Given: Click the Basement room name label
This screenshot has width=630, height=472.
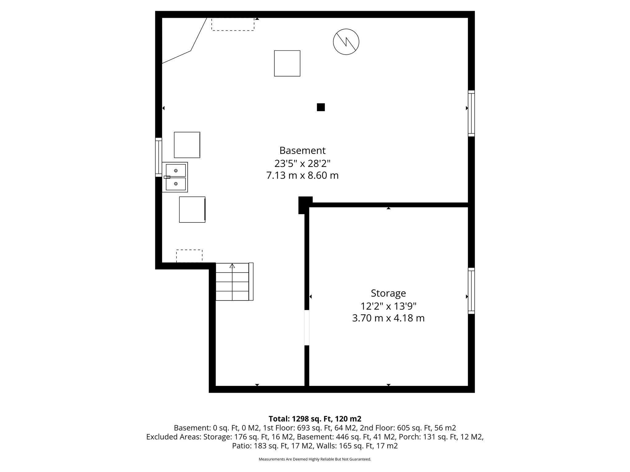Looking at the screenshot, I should pyautogui.click(x=302, y=151).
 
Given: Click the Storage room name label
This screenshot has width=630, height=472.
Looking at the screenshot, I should pyautogui.click(x=388, y=293).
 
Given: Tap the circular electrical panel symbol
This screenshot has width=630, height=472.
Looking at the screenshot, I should pyautogui.click(x=346, y=42).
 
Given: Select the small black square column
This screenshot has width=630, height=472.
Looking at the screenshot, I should pyautogui.click(x=321, y=107).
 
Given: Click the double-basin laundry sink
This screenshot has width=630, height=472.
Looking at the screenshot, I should pyautogui.click(x=175, y=177).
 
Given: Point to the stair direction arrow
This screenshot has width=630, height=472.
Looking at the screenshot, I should pyautogui.click(x=232, y=266).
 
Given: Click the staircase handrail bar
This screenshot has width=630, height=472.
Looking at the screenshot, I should pyautogui.click(x=251, y=281).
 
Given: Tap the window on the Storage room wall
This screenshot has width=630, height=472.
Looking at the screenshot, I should pyautogui.click(x=471, y=291).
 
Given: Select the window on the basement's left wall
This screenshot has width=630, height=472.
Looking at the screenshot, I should pyautogui.click(x=158, y=157).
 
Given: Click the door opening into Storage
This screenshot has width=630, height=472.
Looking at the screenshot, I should pyautogui.click(x=307, y=328).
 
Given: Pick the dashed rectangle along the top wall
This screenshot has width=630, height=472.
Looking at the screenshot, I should pyautogui.click(x=233, y=24).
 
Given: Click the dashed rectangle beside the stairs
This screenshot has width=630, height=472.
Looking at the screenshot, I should pyautogui.click(x=189, y=256).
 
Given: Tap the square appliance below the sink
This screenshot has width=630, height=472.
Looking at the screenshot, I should pyautogui.click(x=192, y=210).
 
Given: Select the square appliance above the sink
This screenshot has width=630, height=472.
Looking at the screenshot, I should pyautogui.click(x=187, y=145).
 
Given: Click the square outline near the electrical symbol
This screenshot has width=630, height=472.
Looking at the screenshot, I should pyautogui.click(x=287, y=63).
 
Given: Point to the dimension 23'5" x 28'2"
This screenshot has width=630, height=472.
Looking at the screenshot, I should pyautogui.click(x=302, y=163).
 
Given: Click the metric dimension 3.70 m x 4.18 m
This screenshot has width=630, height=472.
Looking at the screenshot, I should pyautogui.click(x=388, y=318).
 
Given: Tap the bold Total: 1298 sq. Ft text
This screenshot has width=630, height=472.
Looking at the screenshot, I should pyautogui.click(x=315, y=419).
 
